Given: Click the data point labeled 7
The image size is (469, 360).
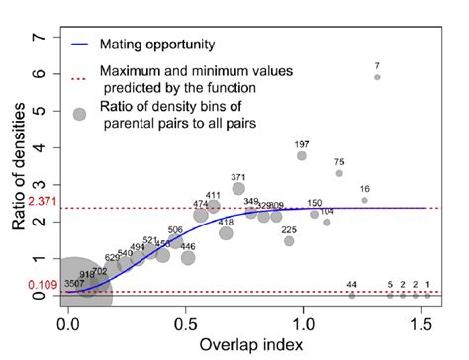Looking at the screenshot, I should click(377, 77).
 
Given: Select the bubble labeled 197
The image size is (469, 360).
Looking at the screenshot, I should click(302, 156).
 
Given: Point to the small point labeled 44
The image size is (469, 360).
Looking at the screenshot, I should click(351, 295).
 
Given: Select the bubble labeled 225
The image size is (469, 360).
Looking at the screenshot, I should click(289, 240).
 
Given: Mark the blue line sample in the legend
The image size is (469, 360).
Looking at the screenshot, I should click(80, 44).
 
